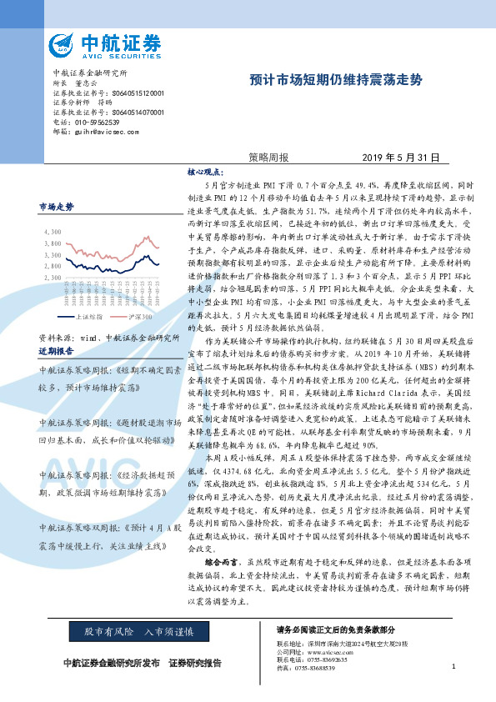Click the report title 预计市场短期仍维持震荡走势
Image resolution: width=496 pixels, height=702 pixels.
pyautogui.click(x=336, y=81)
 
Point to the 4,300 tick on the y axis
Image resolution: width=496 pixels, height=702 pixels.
pyautogui.click(x=52, y=232)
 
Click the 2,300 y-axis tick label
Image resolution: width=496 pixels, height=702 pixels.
pyautogui.click(x=52, y=276)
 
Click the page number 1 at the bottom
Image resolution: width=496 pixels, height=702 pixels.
pyautogui.click(x=453, y=666)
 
